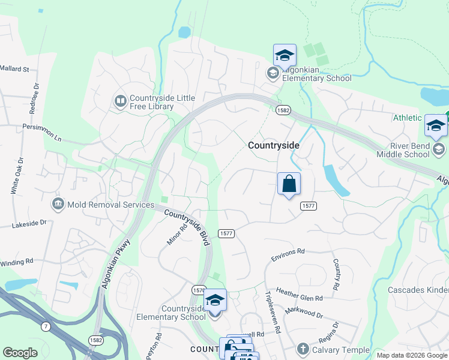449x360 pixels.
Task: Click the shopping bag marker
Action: tap(289, 184)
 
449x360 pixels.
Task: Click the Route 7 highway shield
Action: tap(46, 326)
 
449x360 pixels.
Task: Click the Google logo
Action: tap(20, 353)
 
